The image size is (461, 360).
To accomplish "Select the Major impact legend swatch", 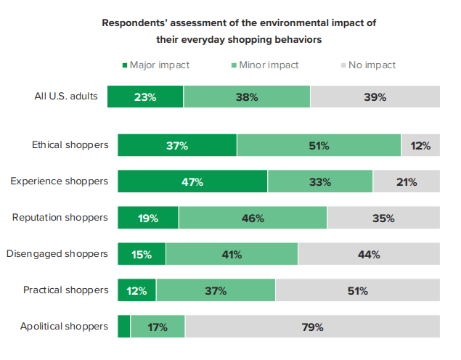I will [x=125, y=65].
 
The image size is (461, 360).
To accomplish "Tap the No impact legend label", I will [x=372, y=65].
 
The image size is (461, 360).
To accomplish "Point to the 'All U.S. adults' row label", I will [x=66, y=97].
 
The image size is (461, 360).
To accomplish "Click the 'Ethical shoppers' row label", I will [x=70, y=145].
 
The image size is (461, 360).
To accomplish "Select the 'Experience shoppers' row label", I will [x=60, y=181].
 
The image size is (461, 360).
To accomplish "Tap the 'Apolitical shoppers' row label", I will [x=65, y=327].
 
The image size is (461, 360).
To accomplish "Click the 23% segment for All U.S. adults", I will [x=145, y=97].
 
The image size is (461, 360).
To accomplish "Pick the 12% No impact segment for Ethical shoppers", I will [x=420, y=145].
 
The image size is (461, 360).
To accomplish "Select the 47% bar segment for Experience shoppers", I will [x=192, y=181].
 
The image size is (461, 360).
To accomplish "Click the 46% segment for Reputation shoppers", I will [x=253, y=218].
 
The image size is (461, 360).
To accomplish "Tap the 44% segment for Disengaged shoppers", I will [x=369, y=254].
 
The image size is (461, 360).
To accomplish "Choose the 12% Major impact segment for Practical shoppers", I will [x=136, y=290].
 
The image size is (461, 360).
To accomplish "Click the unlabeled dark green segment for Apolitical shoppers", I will [x=124, y=327].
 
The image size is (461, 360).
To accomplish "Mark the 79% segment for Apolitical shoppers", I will [x=312, y=327].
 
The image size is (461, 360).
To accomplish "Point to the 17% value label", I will [x=158, y=327].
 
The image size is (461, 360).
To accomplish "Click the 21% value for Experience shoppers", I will [x=406, y=182].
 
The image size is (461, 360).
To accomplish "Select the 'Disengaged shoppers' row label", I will [x=57, y=254].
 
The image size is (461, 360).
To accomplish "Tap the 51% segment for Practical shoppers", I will [x=357, y=290].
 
